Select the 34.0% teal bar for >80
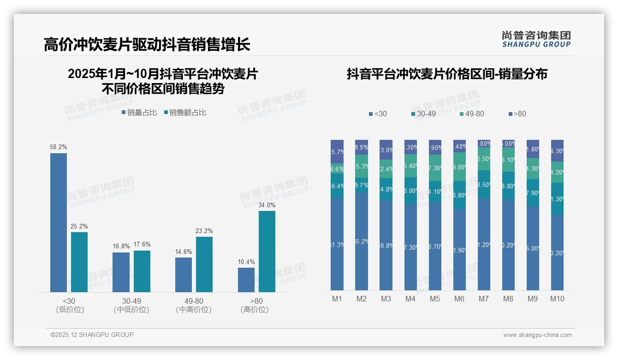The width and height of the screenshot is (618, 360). point(267,252)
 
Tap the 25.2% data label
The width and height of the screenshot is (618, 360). point(79,227)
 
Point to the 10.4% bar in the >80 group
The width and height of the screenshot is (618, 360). point(246,280)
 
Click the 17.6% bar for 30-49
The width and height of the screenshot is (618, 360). point(142,271)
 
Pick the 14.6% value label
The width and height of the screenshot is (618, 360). point(184,252)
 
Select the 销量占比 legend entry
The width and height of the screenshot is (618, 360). point(139,112)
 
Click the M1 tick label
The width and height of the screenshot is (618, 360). point(337,299)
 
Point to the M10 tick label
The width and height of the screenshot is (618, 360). point(557,299)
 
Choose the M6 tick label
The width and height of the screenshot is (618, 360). point(459,299)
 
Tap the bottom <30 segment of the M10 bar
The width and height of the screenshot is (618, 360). point(557,253)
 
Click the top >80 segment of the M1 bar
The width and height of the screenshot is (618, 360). point(337,151)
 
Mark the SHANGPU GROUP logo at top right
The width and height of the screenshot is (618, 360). point(536,39)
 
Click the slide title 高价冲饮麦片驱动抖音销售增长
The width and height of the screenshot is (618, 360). point(147,44)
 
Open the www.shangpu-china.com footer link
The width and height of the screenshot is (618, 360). point(537,335)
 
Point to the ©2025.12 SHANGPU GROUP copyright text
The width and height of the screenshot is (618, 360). point(92,335)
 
